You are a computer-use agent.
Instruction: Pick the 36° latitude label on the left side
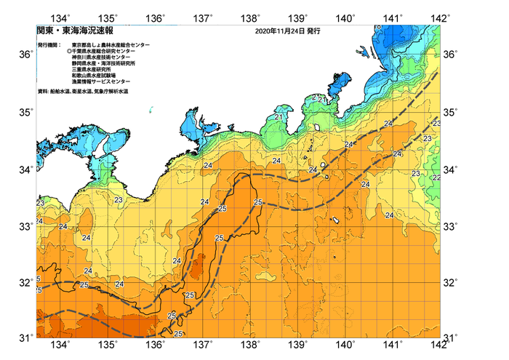(x=25, y=55)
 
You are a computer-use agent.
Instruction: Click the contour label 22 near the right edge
(x=436, y=177)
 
